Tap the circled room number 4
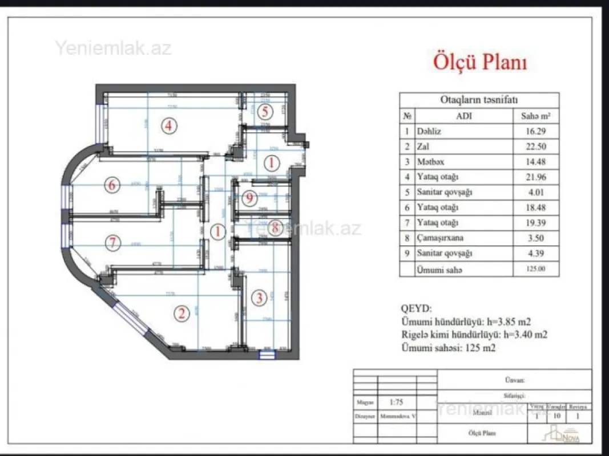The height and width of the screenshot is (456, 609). pos(168,125)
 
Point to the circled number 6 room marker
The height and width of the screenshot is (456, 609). pos(112,185)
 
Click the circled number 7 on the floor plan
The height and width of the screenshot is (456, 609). pos(114,243)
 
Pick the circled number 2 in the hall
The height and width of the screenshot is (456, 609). pos(182,313)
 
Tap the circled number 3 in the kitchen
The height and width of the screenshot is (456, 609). pos(259,298)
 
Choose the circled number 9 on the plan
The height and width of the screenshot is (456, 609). pos(248,198)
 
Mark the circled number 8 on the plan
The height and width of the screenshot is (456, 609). pos(275,227)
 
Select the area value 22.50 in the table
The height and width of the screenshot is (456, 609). pos(535,146)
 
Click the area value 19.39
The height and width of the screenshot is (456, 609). pos(535,223)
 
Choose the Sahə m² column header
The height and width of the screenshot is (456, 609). pos(535,116)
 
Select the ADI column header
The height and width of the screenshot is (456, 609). pos(463,116)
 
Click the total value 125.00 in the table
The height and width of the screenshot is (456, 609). pos(535,269)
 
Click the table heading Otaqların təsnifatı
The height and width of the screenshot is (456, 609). pos(478,100)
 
